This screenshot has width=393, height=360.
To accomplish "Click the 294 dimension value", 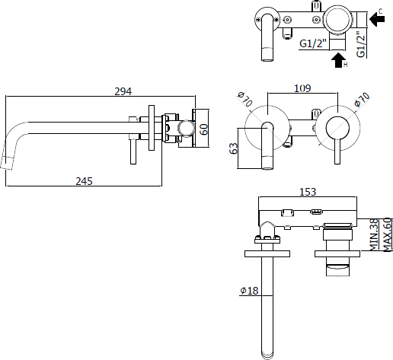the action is (x=123, y=91).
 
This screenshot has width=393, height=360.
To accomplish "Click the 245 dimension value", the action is (x=85, y=181).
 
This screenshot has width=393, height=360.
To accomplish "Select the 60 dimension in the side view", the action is (x=203, y=129).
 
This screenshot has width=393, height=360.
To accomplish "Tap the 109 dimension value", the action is (x=302, y=88).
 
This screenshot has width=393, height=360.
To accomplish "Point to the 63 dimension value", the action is (x=234, y=148).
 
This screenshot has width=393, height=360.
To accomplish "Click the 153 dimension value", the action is (x=308, y=192).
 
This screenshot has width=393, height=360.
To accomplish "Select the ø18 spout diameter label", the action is (x=249, y=291).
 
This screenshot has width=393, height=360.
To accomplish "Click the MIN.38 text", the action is (x=374, y=235).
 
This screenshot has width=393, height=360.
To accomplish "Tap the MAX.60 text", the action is (x=388, y=234).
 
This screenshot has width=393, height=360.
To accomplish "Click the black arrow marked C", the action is (x=377, y=18).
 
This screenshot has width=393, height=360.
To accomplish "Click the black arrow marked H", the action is (x=338, y=60).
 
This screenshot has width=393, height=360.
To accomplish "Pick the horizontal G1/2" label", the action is (x=313, y=43).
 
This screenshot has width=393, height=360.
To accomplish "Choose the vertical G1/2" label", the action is (x=361, y=44).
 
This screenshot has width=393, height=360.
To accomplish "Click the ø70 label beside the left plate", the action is (x=245, y=99).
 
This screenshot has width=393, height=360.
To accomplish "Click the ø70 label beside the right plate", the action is (x=362, y=100).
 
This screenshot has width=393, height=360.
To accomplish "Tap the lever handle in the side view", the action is (x=133, y=151).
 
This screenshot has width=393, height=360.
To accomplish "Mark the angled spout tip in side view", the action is (x=6, y=163).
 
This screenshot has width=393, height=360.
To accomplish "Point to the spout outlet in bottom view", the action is (x=267, y=355).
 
